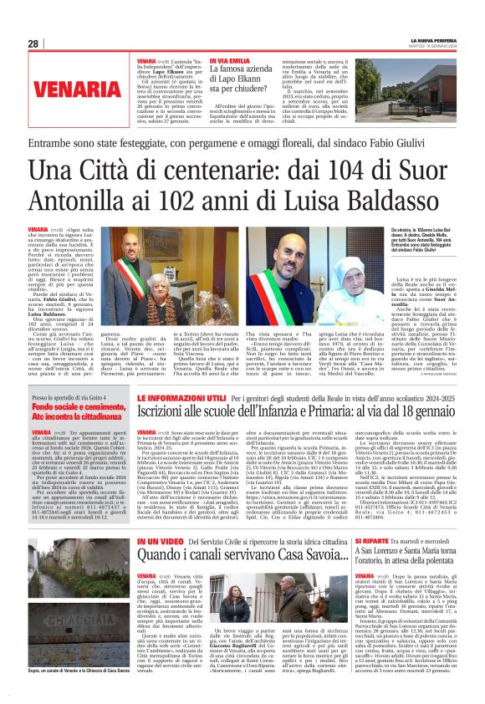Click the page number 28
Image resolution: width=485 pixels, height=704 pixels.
[x=33, y=43]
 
